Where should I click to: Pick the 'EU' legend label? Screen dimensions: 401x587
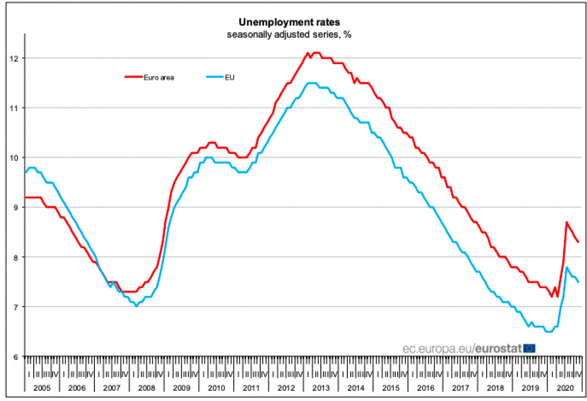(x=229, y=77)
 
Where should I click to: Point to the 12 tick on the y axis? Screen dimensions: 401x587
(x=13, y=59)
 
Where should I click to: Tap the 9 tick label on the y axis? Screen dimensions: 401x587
(x=15, y=208)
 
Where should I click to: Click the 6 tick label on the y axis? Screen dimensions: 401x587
(x=15, y=357)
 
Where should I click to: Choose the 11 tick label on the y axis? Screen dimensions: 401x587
(x=13, y=108)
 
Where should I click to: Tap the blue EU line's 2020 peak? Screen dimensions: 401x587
(x=566, y=267)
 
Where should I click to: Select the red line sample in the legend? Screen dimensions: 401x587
(x=133, y=77)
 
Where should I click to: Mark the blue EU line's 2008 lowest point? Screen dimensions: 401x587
(x=136, y=306)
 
